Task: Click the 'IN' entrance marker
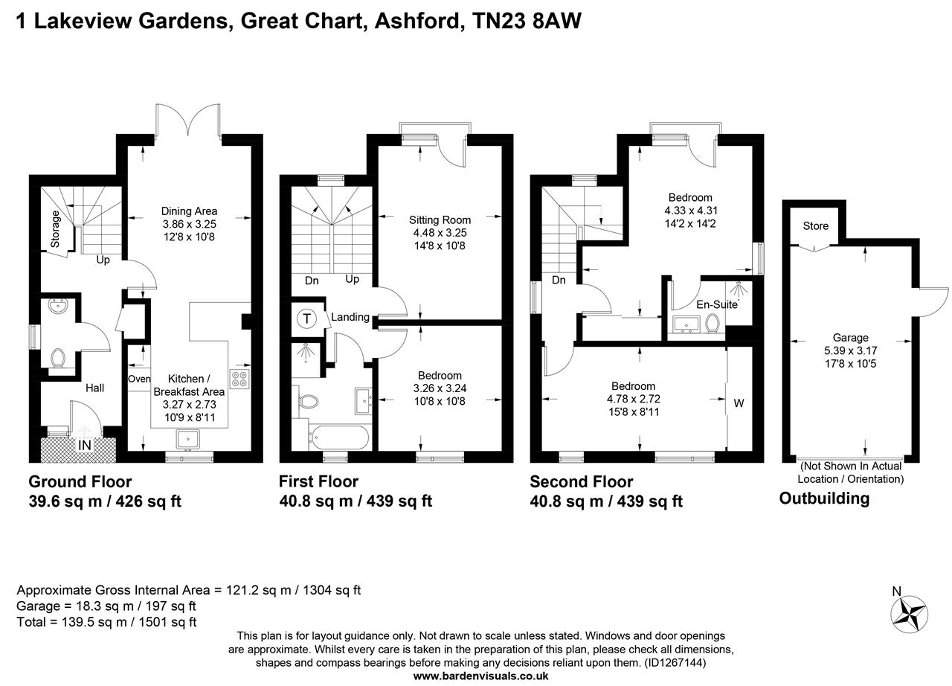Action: click(x=85, y=445)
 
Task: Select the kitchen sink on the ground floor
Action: click(x=188, y=439)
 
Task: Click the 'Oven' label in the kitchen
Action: click(x=139, y=379)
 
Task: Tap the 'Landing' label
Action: click(x=350, y=317)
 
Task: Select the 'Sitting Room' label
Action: click(x=440, y=219)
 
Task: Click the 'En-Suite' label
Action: click(x=715, y=304)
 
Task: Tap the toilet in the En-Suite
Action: click(x=713, y=324)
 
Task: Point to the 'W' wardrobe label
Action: click(x=739, y=403)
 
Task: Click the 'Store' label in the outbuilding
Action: click(x=815, y=226)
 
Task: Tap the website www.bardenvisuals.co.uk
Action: click(x=480, y=676)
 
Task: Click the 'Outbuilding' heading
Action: click(x=824, y=499)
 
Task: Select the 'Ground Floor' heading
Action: click(x=80, y=482)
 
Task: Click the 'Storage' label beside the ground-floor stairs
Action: click(x=55, y=229)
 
